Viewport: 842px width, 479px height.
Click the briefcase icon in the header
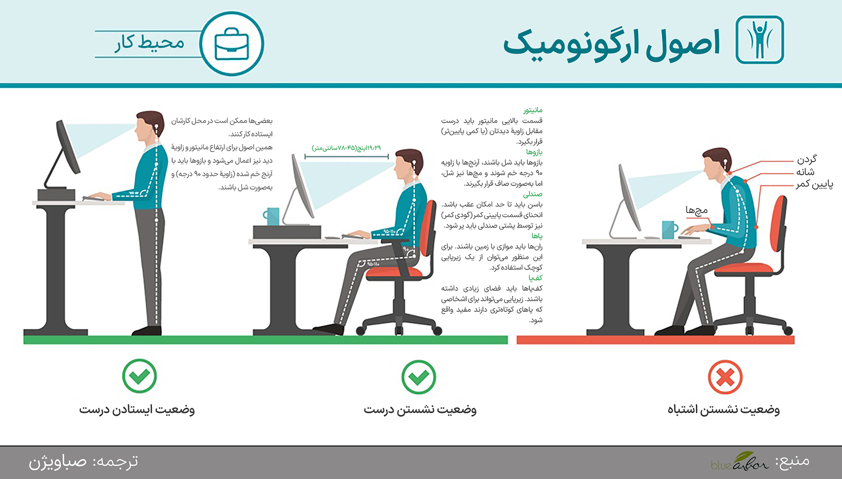click(232, 44)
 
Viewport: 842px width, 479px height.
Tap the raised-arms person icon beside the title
click(760, 40)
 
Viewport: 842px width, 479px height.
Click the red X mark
click(725, 377)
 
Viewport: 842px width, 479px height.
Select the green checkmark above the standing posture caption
click(140, 376)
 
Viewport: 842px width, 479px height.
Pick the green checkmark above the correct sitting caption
click(419, 377)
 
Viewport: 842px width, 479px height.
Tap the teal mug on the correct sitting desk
click(271, 216)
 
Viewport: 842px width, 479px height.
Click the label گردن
click(807, 160)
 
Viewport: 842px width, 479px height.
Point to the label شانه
click(805, 172)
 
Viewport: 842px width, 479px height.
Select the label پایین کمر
click(814, 184)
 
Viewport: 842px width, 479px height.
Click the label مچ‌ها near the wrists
click(696, 210)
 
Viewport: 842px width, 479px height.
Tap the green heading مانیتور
click(533, 110)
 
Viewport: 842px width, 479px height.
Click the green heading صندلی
click(533, 194)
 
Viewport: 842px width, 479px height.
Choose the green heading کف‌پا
click(536, 278)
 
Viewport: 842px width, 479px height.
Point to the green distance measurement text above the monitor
click(346, 148)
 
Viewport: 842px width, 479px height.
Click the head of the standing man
click(149, 126)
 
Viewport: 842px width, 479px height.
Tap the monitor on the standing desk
click(68, 146)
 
